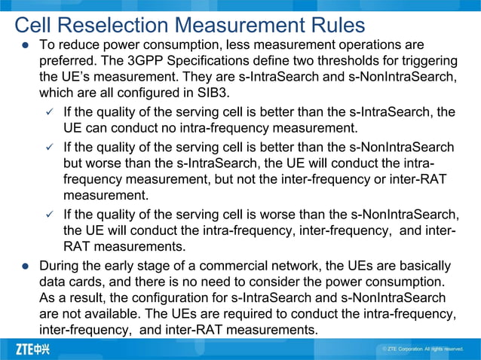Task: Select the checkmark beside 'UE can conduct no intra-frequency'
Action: [x=50, y=112]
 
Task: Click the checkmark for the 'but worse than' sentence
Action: [x=50, y=147]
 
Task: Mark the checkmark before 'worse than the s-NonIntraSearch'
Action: [x=50, y=215]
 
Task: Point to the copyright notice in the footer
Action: [x=422, y=349]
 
